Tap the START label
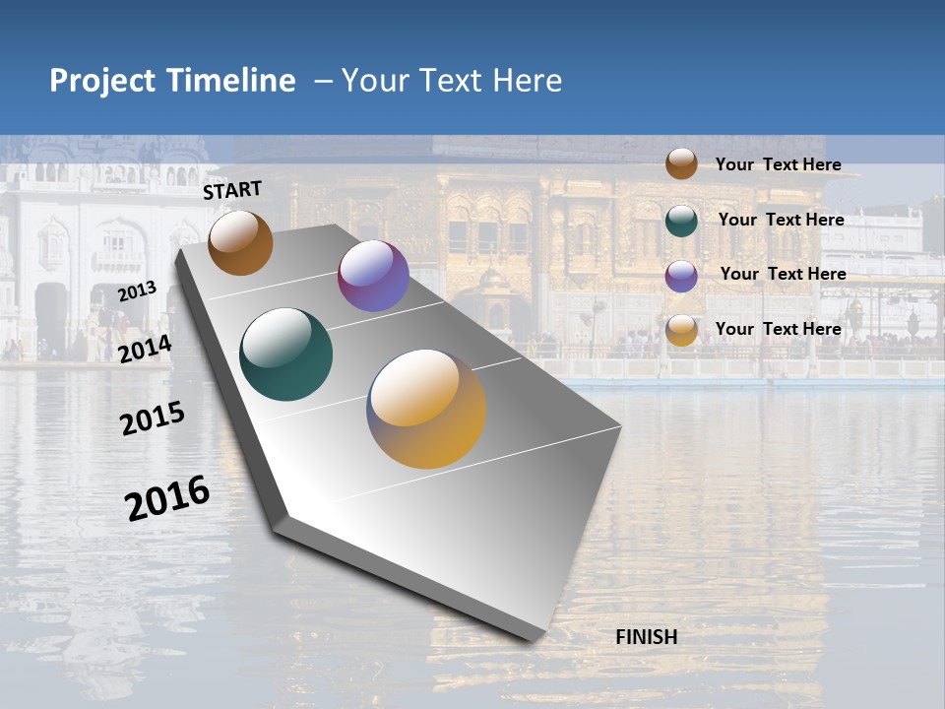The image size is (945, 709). point(232,190)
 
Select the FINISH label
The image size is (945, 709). point(646,637)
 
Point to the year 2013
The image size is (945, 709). point(137,291)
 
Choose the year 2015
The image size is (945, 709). point(153,419)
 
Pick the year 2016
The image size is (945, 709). point(167,498)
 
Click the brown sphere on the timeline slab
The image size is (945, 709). point(240,242)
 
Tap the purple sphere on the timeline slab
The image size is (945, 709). point(373,276)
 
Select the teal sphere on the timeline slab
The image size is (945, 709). point(285,354)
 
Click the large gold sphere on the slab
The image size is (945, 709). point(426,409)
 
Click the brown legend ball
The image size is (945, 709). point(681,163)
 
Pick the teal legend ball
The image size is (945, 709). point(681,221)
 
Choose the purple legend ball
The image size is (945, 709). point(681,276)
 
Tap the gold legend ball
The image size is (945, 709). point(681,330)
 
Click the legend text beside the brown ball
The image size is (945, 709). point(778,164)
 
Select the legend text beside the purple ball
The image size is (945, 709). point(783,274)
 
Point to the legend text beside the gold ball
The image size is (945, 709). point(778,329)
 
